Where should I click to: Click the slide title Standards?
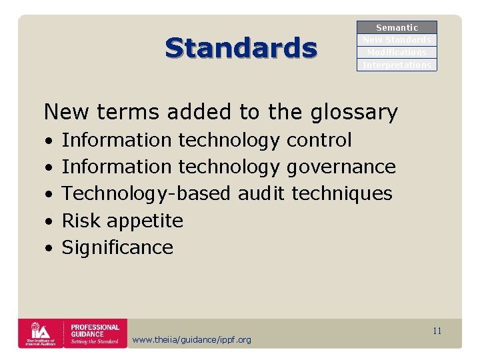[241, 48]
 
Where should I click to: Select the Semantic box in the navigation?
[397, 27]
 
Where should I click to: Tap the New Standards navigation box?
[397, 40]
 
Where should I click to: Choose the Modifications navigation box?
[397, 53]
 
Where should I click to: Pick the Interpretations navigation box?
[397, 65]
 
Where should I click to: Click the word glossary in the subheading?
[354, 112]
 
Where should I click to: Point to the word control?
[319, 140]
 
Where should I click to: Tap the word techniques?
[342, 193]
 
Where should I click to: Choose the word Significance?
[117, 247]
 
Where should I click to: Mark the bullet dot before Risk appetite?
[49, 221]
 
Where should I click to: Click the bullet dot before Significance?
[49, 248]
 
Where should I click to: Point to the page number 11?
[437, 331]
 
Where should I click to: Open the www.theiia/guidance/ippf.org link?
[192, 340]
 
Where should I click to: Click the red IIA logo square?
[39, 333]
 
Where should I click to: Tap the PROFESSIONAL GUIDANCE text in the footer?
[95, 331]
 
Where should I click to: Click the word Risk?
[81, 221]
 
